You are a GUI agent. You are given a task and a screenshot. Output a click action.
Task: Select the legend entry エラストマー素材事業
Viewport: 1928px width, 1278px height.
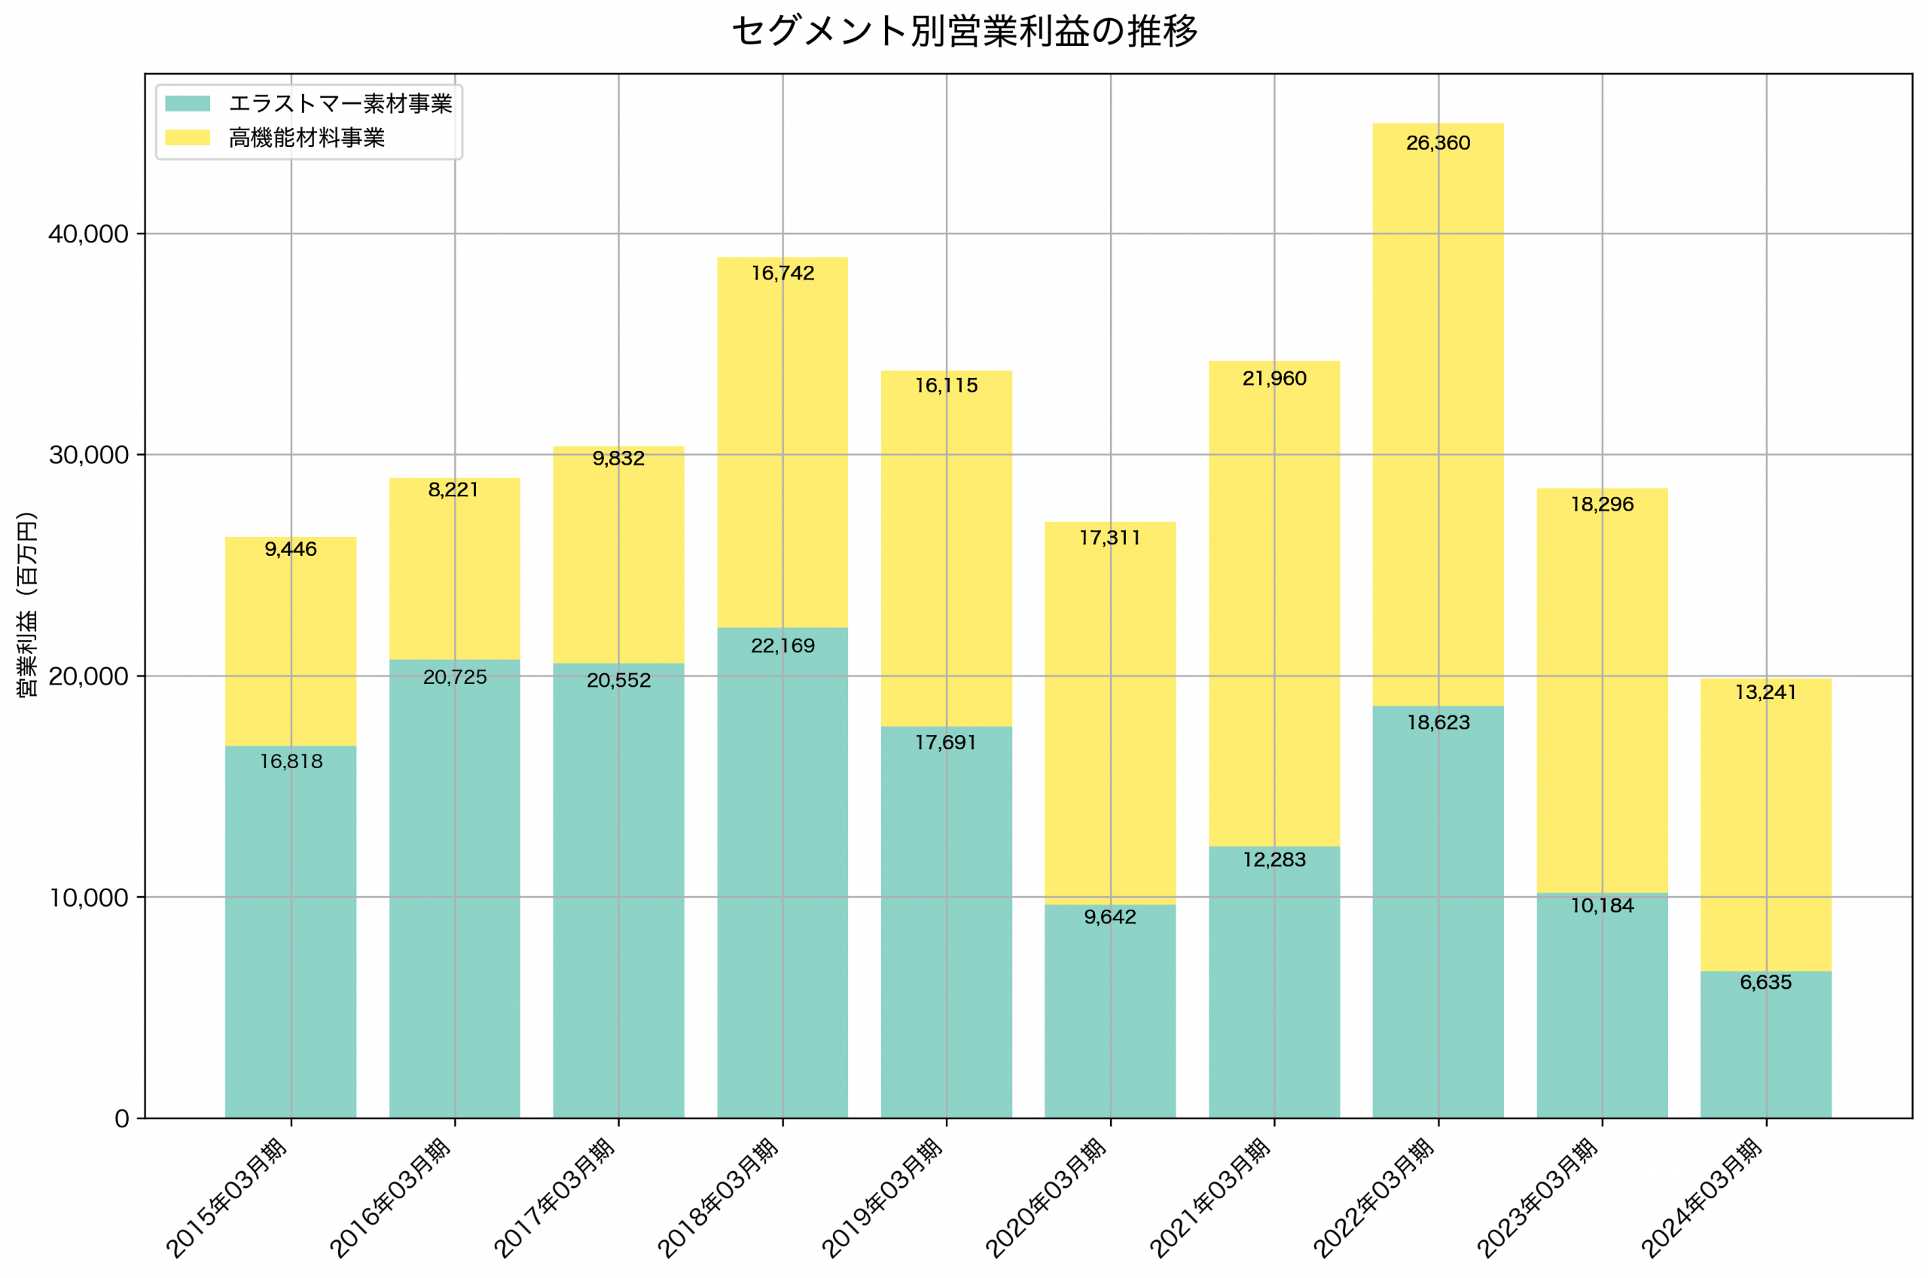pos(340,103)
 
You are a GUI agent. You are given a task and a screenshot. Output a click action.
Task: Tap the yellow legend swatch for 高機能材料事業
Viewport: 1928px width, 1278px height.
pos(188,138)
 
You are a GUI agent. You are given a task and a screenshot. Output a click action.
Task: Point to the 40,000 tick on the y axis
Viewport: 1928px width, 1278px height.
pos(89,235)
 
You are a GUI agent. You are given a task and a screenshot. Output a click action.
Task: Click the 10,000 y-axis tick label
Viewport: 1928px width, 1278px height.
pos(89,898)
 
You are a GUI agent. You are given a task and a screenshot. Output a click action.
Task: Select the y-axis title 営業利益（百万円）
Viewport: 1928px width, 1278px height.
pos(28,605)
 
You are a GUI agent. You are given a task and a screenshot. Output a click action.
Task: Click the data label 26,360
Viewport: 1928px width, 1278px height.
pos(1438,143)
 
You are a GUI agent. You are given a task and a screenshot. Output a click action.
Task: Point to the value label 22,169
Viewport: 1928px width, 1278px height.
pos(782,646)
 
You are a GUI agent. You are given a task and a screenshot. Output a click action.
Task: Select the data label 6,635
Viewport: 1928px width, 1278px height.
pos(1766,983)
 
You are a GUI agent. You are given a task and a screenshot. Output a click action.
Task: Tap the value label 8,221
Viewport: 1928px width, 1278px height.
pos(454,490)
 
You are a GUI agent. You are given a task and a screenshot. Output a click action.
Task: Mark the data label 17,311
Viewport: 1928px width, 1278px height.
pos(1110,538)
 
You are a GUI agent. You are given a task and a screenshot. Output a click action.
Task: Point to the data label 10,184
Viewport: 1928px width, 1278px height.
pos(1602,906)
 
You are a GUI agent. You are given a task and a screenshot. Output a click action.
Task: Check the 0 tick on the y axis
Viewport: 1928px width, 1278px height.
pos(122,1119)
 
